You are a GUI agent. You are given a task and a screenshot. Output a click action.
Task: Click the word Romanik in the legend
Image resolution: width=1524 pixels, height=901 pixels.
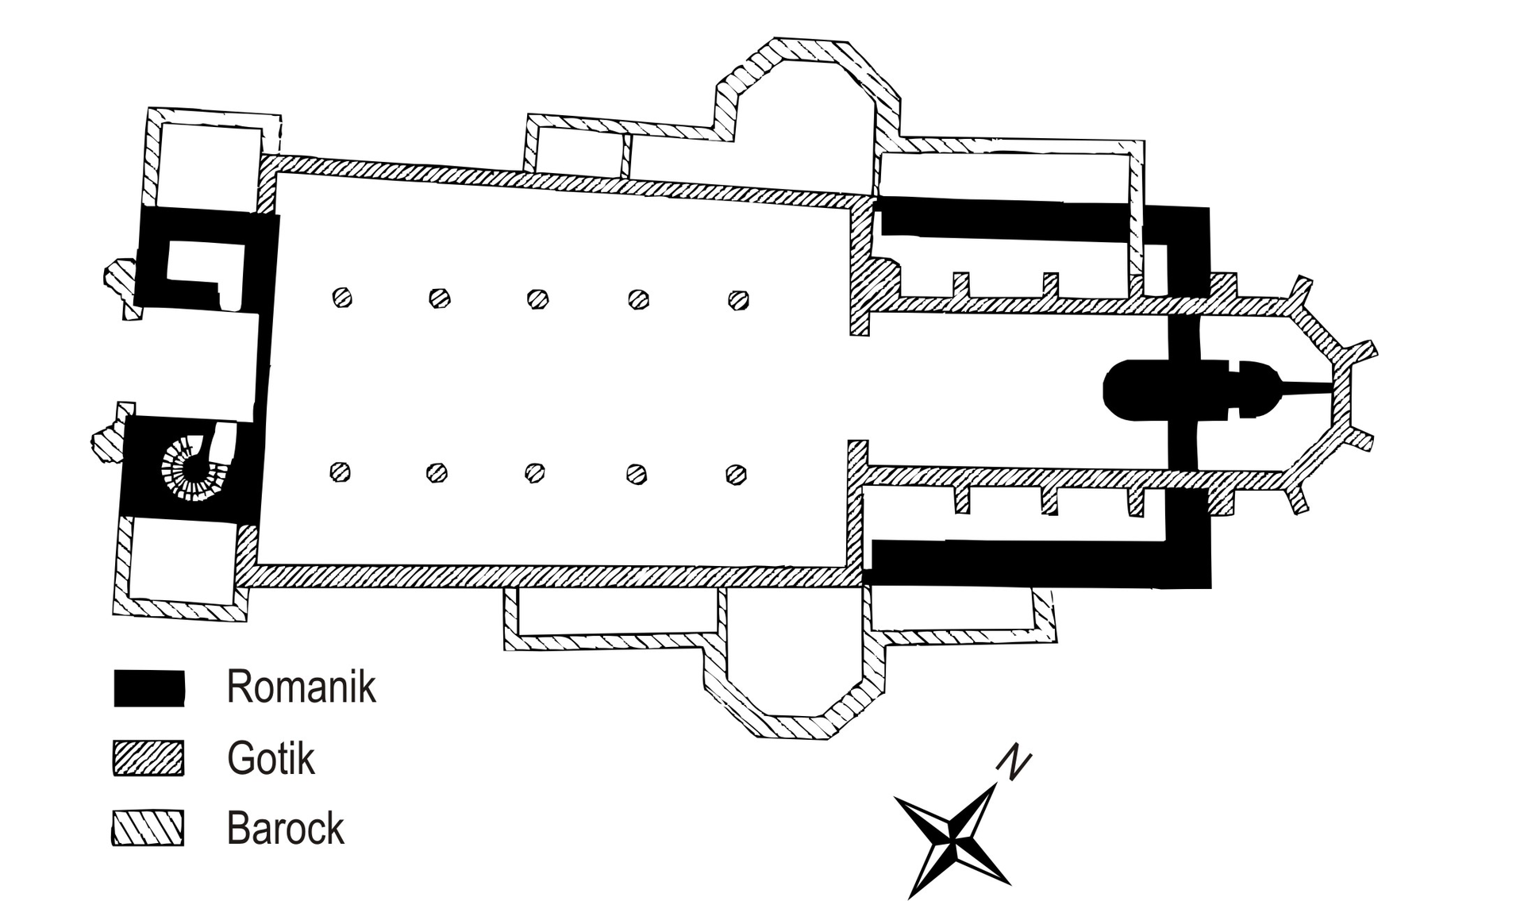(x=301, y=687)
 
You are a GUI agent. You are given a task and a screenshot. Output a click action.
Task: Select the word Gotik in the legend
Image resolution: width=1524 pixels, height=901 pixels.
(x=271, y=758)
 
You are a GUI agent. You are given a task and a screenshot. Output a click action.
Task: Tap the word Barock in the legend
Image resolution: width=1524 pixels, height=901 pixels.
(x=285, y=829)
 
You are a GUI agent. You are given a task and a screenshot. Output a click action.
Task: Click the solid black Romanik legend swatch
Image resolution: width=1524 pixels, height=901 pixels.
(x=149, y=687)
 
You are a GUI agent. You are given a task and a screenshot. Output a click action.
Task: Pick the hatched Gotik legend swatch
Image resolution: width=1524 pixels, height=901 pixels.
(x=148, y=758)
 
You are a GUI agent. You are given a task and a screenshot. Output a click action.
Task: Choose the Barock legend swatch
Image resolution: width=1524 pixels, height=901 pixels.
(x=148, y=828)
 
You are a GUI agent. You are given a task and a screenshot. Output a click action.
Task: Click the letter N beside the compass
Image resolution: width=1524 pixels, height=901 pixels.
(x=1014, y=762)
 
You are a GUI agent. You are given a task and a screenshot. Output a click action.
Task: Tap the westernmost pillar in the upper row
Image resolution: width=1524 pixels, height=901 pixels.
(x=342, y=298)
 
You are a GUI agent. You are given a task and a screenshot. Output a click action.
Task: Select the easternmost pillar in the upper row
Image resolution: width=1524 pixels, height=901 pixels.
(x=738, y=300)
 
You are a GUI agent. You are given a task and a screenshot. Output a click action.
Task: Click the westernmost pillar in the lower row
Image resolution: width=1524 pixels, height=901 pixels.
(x=341, y=472)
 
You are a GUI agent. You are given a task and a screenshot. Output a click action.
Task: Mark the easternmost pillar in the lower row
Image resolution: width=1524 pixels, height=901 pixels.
(x=736, y=475)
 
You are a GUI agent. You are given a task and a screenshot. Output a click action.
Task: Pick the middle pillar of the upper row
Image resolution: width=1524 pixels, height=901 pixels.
(x=538, y=299)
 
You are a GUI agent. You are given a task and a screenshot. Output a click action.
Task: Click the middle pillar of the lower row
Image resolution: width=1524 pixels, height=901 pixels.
(x=535, y=473)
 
